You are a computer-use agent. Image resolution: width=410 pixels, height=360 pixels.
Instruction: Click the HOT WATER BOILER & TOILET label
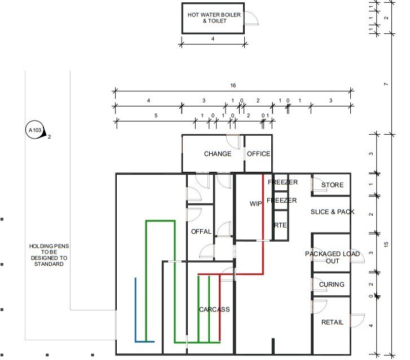point(213,17)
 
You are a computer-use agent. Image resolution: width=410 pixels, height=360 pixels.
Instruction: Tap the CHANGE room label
point(217,154)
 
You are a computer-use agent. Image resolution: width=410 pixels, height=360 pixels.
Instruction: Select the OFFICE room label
point(259,154)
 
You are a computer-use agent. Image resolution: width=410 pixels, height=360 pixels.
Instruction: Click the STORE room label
point(332,185)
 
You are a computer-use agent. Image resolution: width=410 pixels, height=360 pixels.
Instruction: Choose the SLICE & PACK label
point(332,212)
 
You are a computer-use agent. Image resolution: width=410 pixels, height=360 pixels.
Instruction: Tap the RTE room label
point(280,225)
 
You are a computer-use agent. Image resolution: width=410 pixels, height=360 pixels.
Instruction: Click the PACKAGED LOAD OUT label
point(332,257)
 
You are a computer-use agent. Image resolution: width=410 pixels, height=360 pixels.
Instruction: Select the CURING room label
point(332,285)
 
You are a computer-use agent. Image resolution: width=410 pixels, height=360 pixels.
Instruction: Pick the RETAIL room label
point(332,322)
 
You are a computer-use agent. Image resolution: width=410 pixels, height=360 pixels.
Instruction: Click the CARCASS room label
point(214,310)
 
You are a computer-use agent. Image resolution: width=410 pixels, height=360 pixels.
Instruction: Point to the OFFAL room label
point(201,232)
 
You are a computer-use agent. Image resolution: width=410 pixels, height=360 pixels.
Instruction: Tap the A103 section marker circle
point(35,131)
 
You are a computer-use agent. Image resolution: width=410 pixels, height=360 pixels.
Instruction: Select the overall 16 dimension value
point(233,85)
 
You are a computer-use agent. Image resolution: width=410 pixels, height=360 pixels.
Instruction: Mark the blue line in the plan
point(135,310)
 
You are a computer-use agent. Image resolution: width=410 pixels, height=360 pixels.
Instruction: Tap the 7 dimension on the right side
point(386,84)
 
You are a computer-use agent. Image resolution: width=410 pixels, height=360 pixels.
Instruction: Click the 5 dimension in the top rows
point(148,116)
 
